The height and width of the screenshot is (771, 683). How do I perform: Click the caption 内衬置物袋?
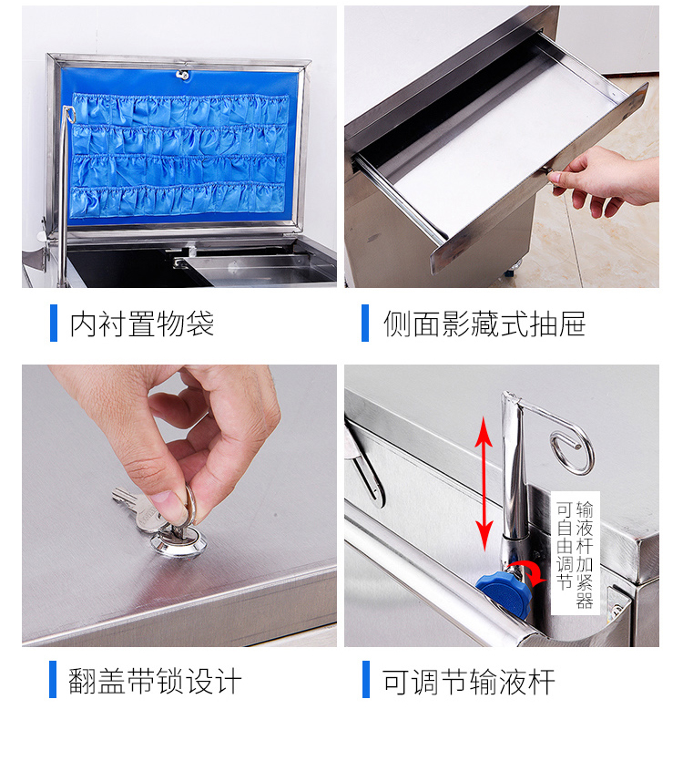[141, 324]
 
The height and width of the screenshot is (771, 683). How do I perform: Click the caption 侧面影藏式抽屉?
[484, 324]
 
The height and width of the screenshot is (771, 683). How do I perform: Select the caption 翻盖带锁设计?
[155, 681]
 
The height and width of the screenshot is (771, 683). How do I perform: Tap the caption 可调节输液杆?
[468, 682]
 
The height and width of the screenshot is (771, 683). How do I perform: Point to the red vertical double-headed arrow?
[484, 484]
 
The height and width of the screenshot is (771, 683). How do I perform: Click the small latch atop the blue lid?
[183, 75]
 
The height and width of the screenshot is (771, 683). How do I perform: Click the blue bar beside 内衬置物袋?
[54, 323]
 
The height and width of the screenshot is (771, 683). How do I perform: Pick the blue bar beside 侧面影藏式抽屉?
[365, 323]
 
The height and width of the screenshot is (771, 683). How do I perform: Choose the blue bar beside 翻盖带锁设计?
[53, 680]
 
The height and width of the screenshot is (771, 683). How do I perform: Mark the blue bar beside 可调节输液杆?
[366, 680]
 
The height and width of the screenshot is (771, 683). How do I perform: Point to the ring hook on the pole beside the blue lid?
[69, 114]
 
